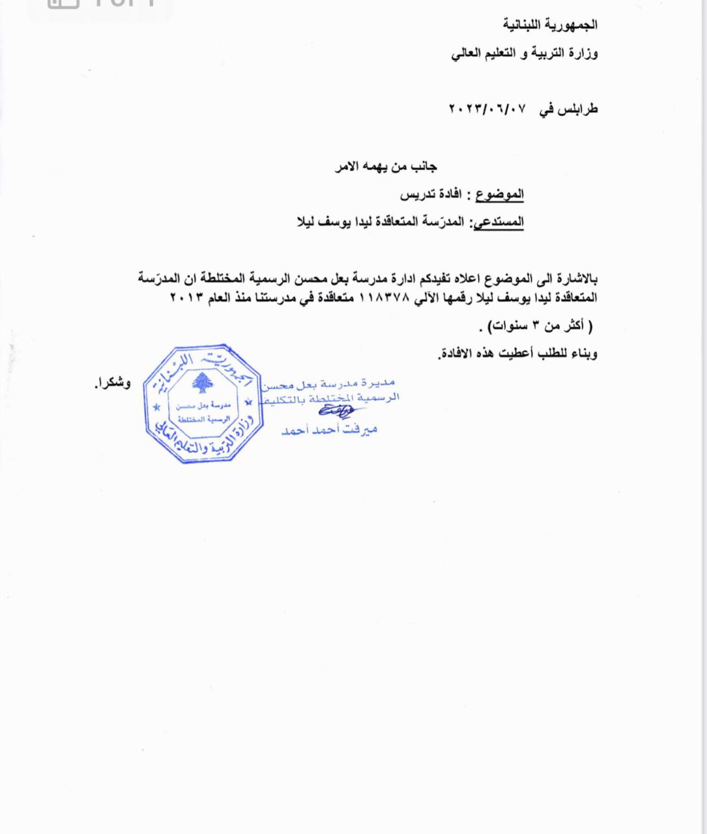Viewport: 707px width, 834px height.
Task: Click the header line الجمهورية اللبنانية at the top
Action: [x=550, y=25]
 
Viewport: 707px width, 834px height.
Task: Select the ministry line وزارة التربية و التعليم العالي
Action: [x=525, y=54]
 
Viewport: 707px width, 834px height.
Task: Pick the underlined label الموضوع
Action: [x=500, y=194]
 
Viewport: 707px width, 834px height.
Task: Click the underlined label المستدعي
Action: [x=498, y=222]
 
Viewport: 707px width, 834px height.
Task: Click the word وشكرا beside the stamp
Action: [x=113, y=384]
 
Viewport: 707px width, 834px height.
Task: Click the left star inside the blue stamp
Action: [x=156, y=408]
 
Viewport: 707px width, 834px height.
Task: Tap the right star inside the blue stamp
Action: [x=248, y=404]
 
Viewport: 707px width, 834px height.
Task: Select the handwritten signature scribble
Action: [x=336, y=411]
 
